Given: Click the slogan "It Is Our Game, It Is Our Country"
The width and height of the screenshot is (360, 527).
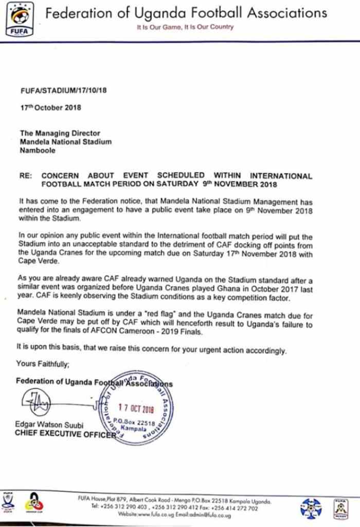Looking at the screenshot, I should click(185, 27).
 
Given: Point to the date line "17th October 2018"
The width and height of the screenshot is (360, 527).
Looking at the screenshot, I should click(50, 108).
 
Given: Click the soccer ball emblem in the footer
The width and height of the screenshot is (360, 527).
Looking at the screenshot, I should click(311, 508).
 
